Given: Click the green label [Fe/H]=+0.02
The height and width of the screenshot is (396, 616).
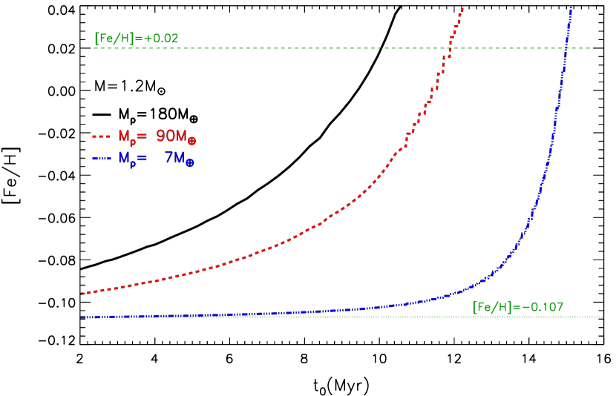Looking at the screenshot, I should pos(137,38).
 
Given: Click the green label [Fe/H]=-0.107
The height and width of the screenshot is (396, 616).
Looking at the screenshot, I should pos(518,307).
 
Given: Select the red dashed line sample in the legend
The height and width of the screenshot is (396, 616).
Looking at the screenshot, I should pos(101,136).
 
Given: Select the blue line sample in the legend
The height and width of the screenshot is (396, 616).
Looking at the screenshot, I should pos(101,159).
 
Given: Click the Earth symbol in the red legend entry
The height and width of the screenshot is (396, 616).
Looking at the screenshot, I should pos(191,140).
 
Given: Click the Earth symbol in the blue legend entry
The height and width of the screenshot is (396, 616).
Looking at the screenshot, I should pos(189,162).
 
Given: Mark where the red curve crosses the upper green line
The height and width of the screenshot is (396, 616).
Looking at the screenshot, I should pos(449,48).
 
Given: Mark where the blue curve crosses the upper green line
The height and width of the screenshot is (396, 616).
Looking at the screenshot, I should pos(566,48).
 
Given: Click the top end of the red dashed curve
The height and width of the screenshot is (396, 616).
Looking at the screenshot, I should pos(462,9).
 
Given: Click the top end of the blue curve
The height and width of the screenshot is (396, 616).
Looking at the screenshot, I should pos(571,7).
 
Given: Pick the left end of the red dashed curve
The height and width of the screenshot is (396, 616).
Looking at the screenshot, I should pos(81,294).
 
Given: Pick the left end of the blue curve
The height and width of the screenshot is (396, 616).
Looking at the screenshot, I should pos(81,317).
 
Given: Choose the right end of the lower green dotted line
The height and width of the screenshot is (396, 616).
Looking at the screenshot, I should pos(602,317).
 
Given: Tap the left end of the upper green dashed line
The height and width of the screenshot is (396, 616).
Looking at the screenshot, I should pos(92,48).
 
